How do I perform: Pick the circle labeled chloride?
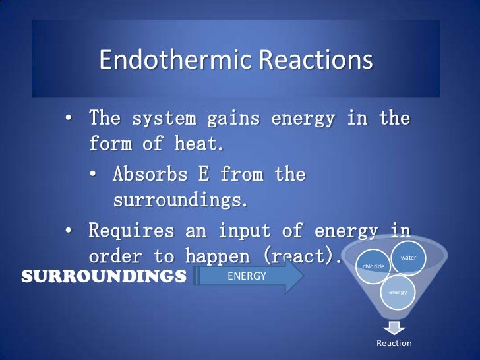pyautogui.click(x=374, y=266)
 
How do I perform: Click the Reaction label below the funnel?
pyautogui.click(x=394, y=343)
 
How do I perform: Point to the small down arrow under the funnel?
pyautogui.click(x=394, y=326)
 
